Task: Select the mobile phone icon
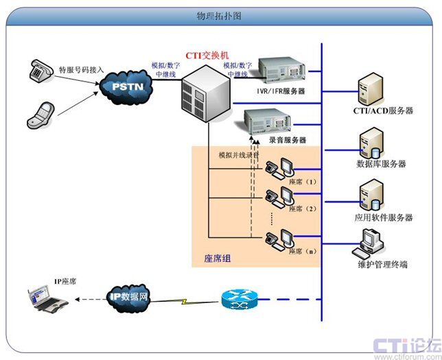click(40, 113)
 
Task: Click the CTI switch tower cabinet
click(205, 93)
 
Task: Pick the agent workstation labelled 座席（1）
click(281, 167)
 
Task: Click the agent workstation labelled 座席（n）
click(281, 237)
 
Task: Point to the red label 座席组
click(218, 259)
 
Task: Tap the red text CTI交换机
click(209, 54)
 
